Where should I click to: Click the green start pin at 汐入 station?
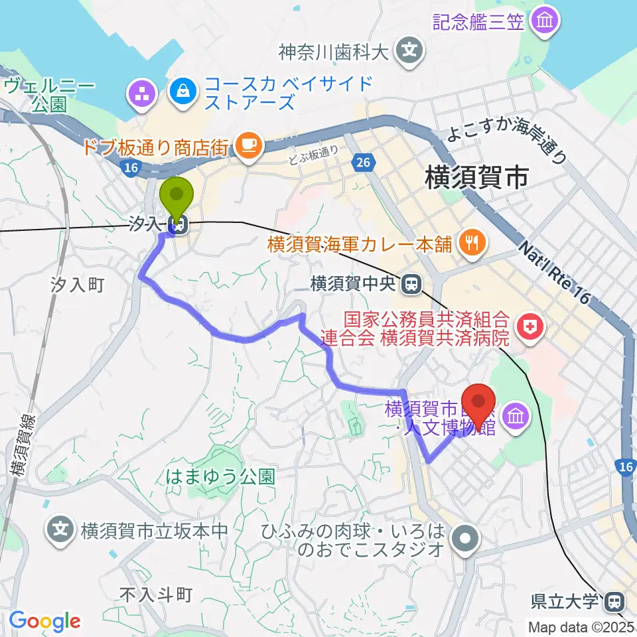(x=177, y=195)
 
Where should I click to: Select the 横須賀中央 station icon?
(x=412, y=285)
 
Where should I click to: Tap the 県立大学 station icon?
(x=614, y=602)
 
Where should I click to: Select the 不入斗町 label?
(x=157, y=595)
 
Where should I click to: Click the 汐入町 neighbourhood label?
(x=77, y=285)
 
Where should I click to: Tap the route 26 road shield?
(x=362, y=161)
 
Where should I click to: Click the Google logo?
(x=44, y=621)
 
